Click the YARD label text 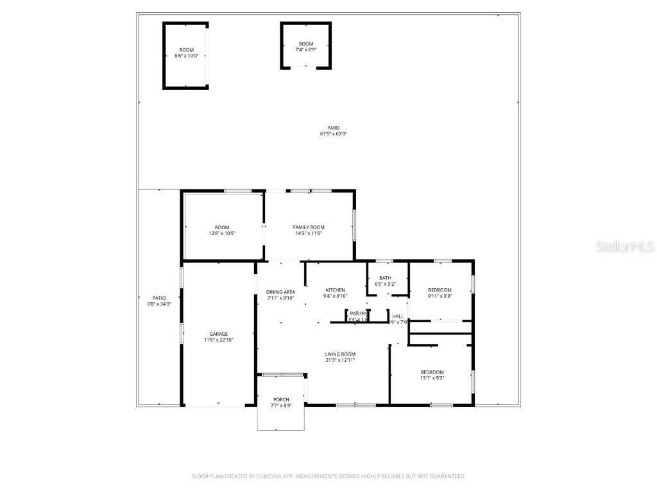333,128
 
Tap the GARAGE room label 219,334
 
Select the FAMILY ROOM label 309,227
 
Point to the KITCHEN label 335,290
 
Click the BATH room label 385,278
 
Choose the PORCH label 281,399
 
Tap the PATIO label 159,298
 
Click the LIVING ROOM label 339,354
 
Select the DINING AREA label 280,292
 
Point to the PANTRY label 358,313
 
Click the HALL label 398,316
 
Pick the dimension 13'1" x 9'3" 432,378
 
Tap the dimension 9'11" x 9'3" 439,296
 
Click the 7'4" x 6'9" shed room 305,46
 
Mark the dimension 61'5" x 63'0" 333,134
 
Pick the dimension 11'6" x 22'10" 219,340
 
